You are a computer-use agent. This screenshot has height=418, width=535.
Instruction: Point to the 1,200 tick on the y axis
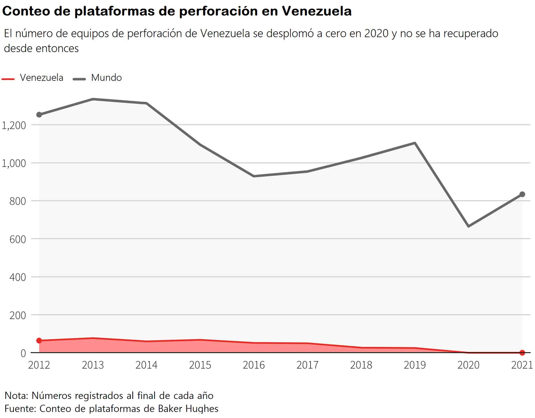click(x=14, y=126)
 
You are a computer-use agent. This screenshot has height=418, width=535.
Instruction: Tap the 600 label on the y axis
click(x=18, y=240)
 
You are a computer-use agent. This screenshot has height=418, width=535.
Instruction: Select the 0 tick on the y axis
click(x=23, y=353)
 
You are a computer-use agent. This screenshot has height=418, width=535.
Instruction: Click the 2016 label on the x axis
click(x=254, y=365)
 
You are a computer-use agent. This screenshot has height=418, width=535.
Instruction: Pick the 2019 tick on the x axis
click(x=414, y=365)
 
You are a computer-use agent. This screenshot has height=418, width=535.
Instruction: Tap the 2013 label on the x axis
click(x=93, y=365)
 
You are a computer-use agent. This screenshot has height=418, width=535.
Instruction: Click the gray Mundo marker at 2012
click(x=39, y=115)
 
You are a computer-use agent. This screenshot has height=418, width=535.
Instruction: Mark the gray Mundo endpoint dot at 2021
click(x=522, y=195)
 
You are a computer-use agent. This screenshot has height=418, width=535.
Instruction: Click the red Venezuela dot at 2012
click(x=39, y=341)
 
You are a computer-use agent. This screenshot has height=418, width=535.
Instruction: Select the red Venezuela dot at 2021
click(x=522, y=353)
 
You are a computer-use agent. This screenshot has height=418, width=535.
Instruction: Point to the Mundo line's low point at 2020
click(x=468, y=226)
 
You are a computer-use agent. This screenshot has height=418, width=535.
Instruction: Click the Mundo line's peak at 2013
click(x=93, y=99)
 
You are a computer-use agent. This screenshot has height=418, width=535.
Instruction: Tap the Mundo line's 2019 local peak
click(x=415, y=143)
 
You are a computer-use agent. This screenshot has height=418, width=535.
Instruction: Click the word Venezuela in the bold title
click(x=316, y=11)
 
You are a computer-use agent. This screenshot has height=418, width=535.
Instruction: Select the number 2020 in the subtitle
click(x=376, y=34)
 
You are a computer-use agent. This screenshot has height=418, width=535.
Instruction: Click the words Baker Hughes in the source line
click(x=188, y=409)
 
